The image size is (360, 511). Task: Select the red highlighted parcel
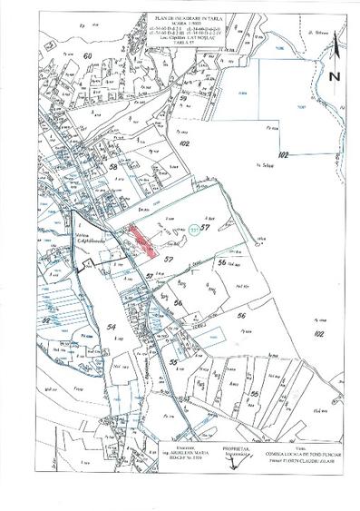[x=141, y=237]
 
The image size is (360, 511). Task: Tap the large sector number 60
[x=88, y=55]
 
